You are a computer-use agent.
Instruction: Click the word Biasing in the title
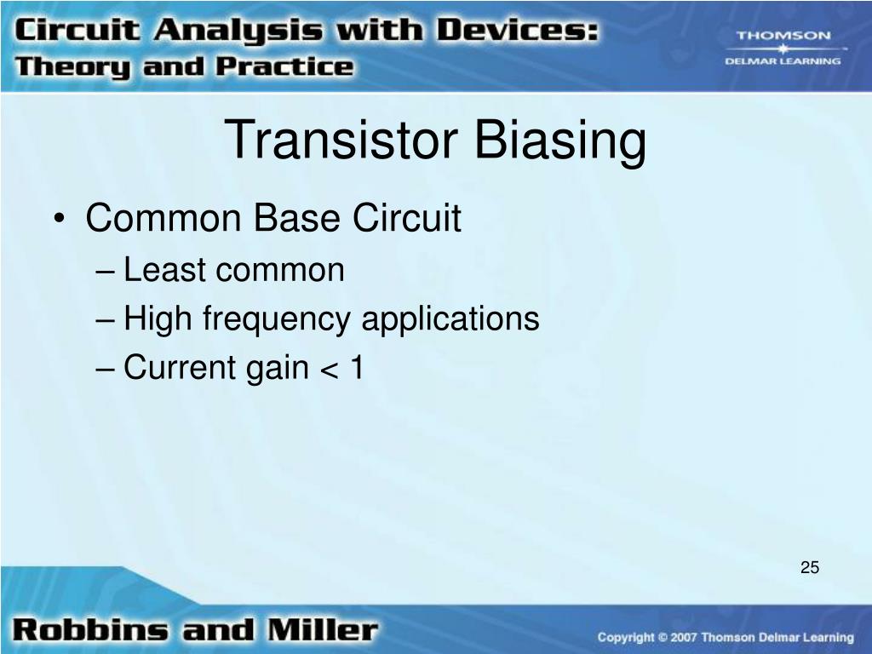560,141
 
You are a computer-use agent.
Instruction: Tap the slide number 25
810,567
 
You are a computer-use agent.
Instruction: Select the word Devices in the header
517,31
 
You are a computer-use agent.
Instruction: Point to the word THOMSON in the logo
783,36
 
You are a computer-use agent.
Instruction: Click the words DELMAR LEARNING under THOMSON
783,61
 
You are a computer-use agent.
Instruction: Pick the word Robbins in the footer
90,630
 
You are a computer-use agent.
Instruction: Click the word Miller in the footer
323,630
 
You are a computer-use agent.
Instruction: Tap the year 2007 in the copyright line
684,637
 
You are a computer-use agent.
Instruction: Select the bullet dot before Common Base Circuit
60,218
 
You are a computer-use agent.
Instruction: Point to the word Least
164,270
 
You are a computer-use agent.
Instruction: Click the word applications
450,320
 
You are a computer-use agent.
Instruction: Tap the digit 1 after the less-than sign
357,368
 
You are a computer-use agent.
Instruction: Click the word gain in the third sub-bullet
277,370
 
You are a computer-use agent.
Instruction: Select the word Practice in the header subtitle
284,66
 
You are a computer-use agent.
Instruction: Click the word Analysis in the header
238,32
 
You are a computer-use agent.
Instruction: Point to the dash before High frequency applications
105,321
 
